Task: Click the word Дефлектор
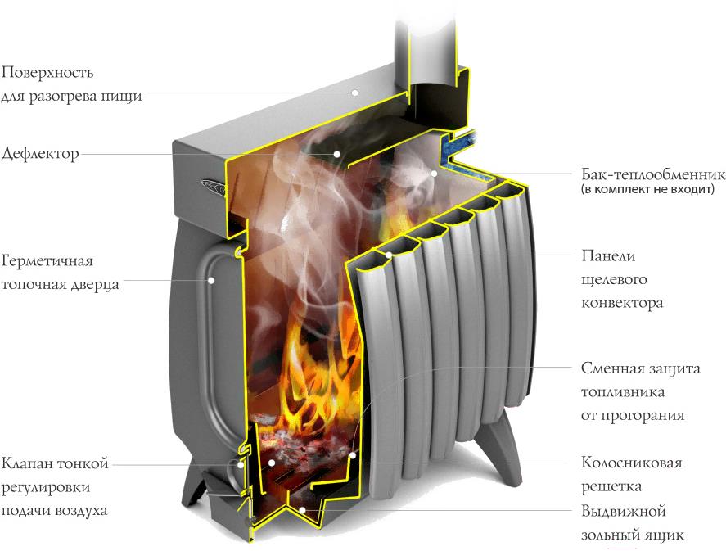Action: [x=40, y=154]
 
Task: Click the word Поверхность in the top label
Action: [x=47, y=73]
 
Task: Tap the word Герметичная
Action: [x=47, y=262]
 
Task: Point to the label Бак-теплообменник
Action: [x=652, y=175]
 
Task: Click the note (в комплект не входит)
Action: [x=647, y=189]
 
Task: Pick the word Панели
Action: [x=608, y=256]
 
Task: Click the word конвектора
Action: [x=622, y=303]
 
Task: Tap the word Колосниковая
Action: [x=632, y=463]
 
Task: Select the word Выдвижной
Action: [x=624, y=512]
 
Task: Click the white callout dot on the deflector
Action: [x=337, y=154]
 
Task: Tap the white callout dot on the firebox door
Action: [x=211, y=280]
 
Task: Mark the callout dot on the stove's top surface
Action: [x=354, y=93]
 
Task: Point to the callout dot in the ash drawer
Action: [x=302, y=510]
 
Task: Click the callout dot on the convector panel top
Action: [x=389, y=255]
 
